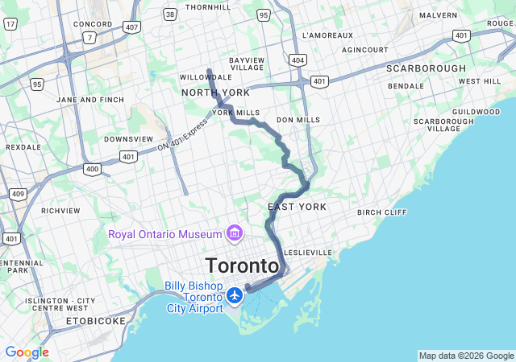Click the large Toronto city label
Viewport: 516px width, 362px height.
tap(243, 265)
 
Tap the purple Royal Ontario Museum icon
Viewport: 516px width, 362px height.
tap(235, 234)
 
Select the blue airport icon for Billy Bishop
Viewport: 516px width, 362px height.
tap(235, 296)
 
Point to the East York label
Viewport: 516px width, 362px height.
tap(297, 207)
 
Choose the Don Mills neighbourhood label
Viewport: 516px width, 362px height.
tap(298, 120)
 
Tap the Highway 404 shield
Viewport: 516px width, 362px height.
tap(298, 60)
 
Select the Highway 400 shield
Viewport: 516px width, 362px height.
tap(92, 169)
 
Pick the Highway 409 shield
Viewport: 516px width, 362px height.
tap(18, 194)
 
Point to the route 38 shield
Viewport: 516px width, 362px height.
tap(169, 14)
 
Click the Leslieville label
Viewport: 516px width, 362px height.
tap(307, 252)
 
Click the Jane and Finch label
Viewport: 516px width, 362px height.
tap(90, 99)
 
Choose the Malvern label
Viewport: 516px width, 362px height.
tap(438, 14)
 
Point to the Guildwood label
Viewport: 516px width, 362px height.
tap(476, 112)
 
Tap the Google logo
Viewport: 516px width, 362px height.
tap(27, 352)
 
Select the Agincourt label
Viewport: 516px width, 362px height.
tap(364, 50)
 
